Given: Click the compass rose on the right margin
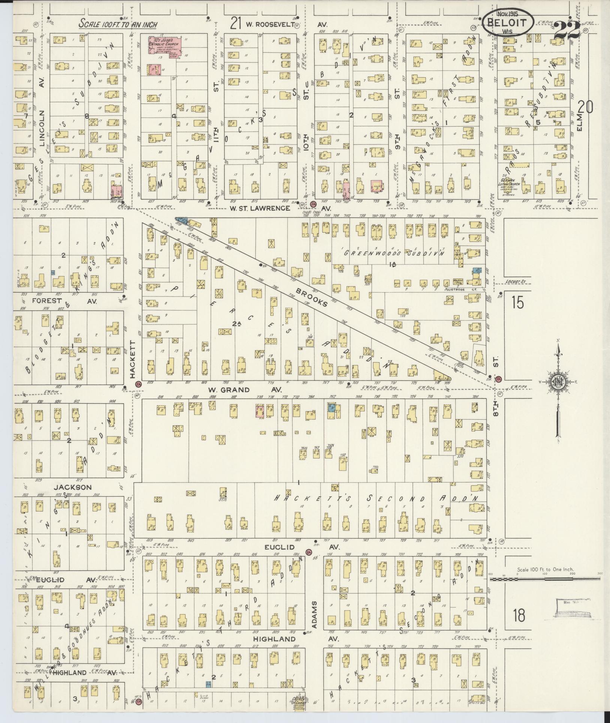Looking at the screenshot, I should click(x=559, y=382).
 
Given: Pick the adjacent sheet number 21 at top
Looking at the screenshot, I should click(x=236, y=24).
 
